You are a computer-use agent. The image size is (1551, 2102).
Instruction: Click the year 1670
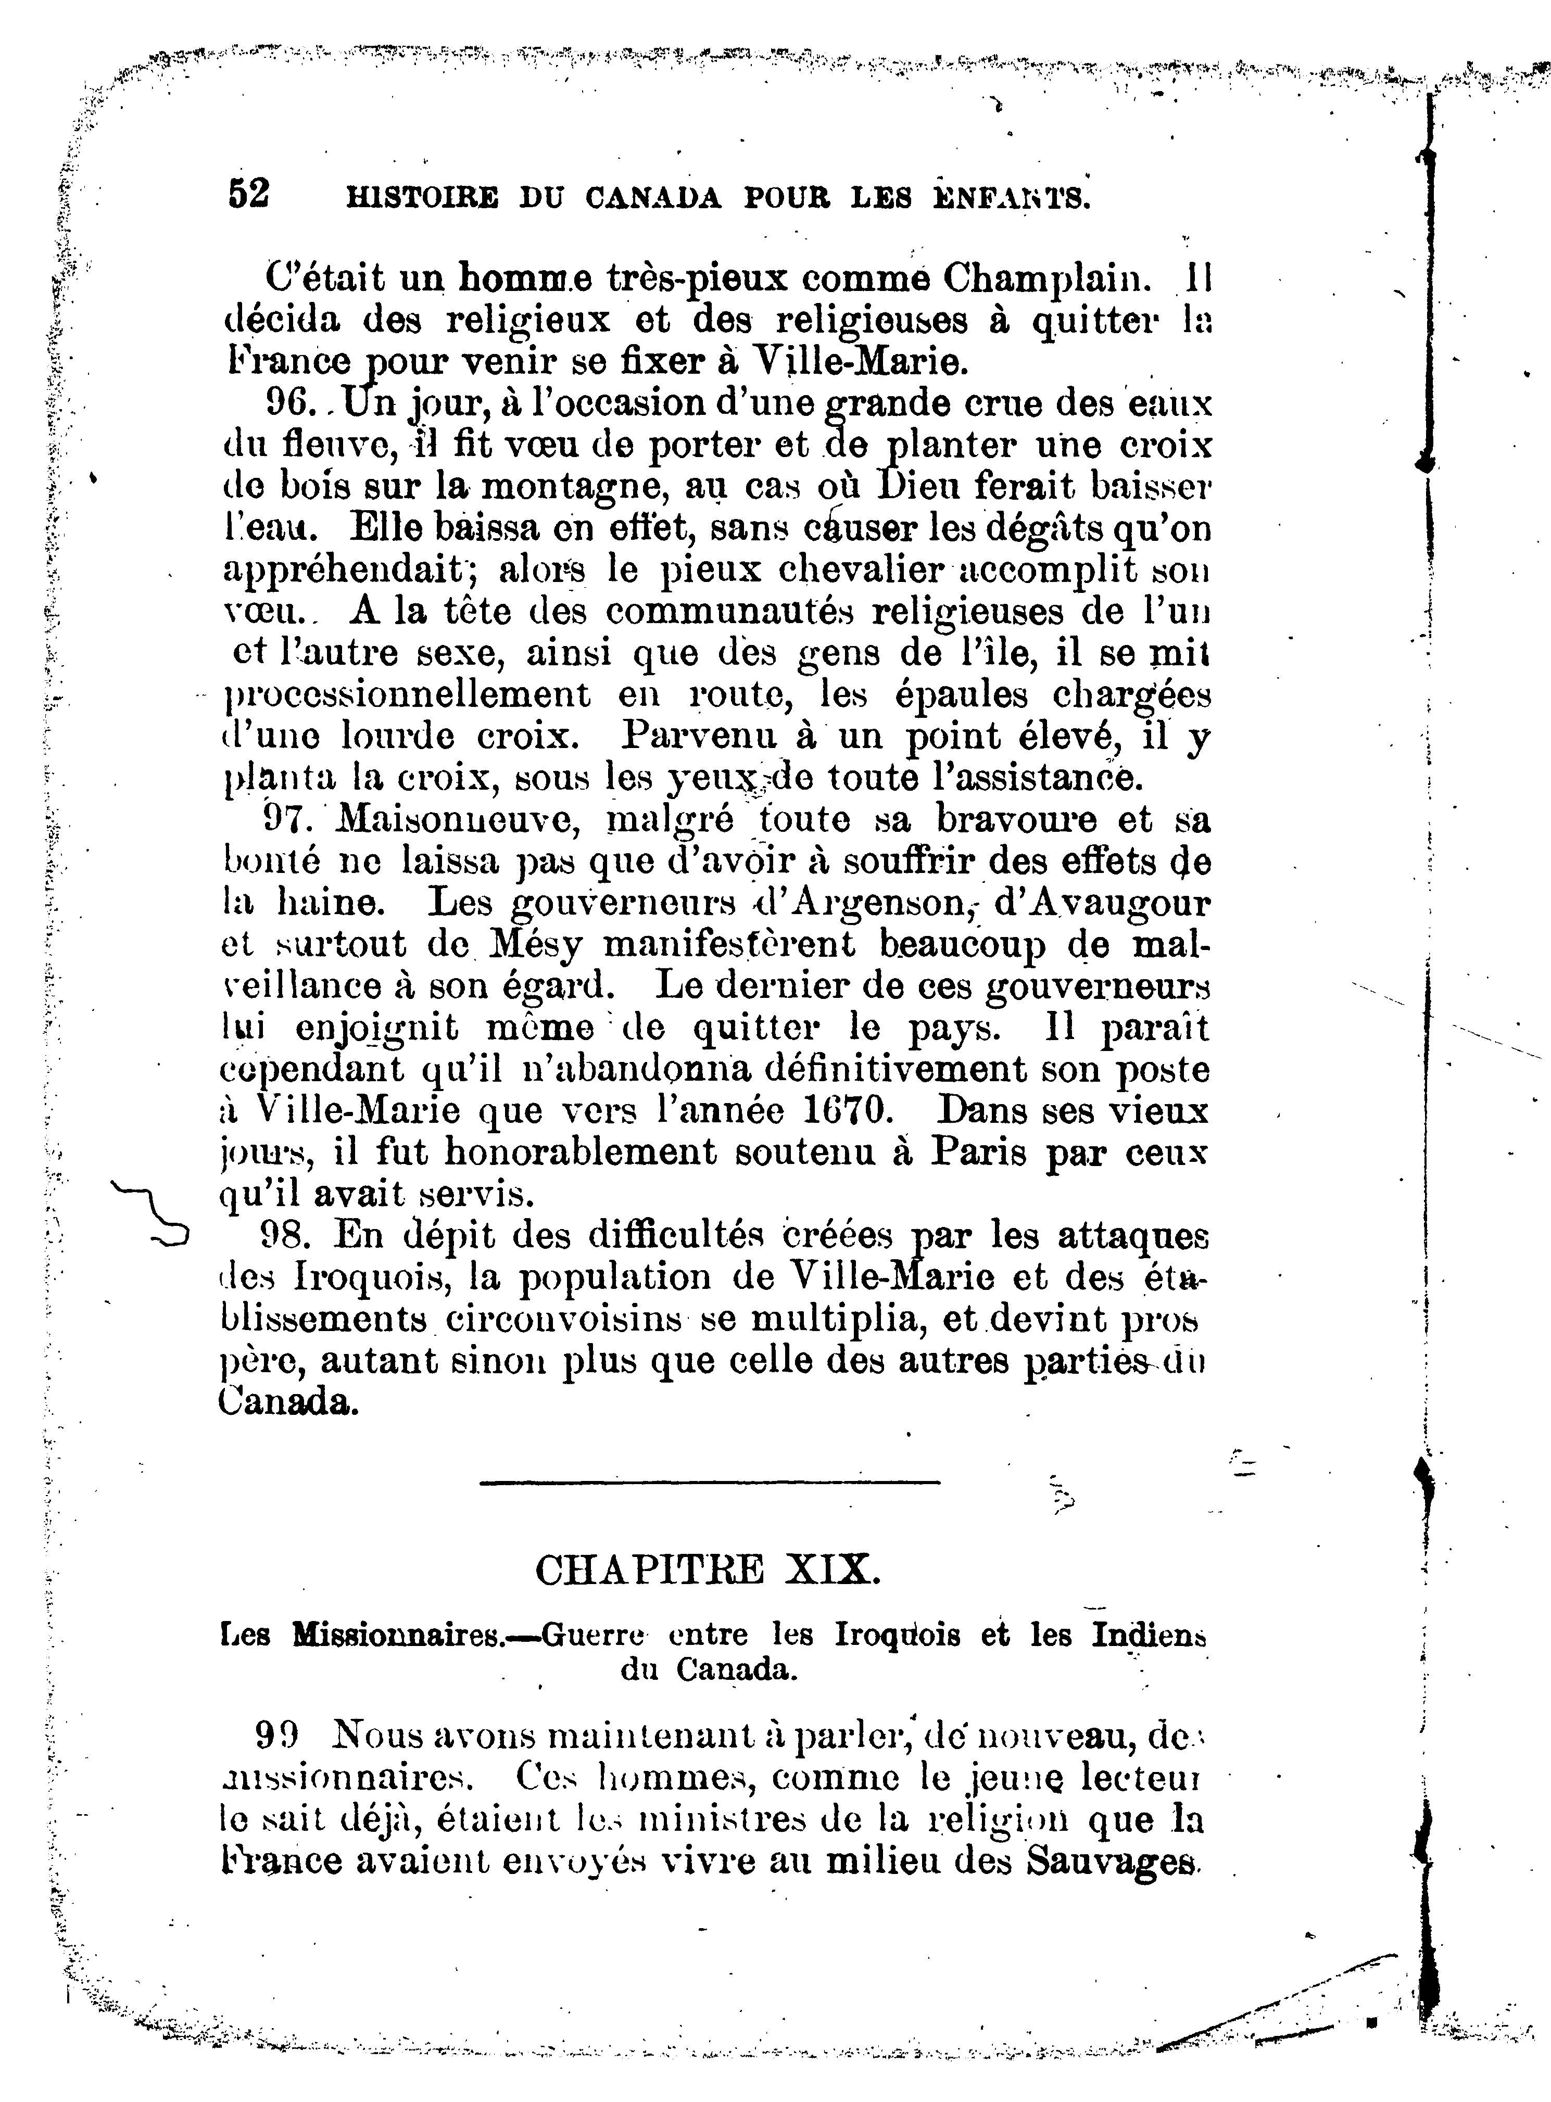(x=847, y=1111)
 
